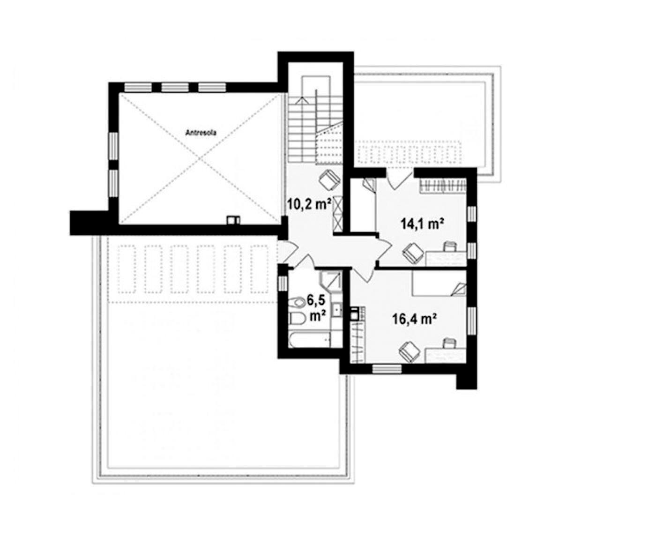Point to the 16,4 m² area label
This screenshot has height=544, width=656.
[414, 320]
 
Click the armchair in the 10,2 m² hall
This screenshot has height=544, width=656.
[329, 180]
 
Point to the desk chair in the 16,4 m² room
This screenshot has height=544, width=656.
[449, 343]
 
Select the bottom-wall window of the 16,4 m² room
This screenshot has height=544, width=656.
[387, 369]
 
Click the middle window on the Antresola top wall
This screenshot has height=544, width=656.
[175, 87]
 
